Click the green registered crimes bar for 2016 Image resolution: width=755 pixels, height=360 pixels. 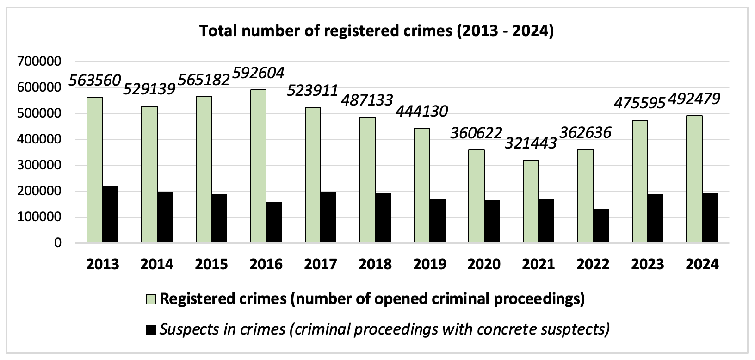(258, 167)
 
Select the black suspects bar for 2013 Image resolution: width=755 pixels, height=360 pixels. (110, 214)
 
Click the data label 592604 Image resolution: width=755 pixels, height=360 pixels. (258, 73)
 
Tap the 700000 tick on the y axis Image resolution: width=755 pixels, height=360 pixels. (39, 62)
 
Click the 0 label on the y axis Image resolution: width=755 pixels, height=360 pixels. (57, 243)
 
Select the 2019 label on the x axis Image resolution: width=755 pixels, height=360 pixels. (429, 264)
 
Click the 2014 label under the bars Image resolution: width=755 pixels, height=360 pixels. (157, 264)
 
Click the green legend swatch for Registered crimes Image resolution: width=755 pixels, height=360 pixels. (152, 300)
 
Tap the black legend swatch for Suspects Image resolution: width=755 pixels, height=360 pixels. (152, 330)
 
